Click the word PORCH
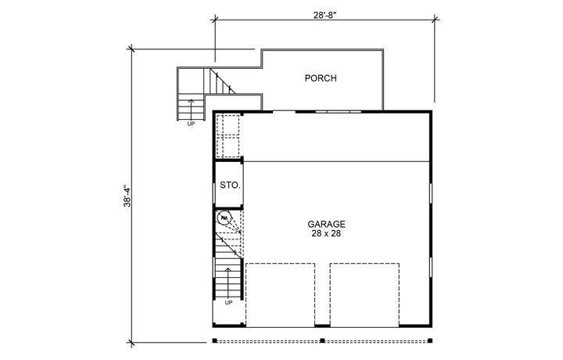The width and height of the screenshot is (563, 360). [x=321, y=78]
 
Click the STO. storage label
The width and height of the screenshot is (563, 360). [x=229, y=185]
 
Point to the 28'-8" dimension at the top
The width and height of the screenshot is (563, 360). [x=323, y=14]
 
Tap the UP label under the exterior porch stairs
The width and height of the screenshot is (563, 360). [x=191, y=124]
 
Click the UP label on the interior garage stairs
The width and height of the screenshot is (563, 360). [x=229, y=302]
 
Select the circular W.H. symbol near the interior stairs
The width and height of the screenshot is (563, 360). [x=224, y=219]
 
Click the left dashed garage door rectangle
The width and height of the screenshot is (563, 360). [x=281, y=293]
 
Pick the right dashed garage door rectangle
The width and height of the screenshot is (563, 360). [x=364, y=293]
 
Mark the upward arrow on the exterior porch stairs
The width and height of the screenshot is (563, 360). [x=190, y=107]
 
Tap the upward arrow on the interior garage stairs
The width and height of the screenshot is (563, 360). [x=229, y=281]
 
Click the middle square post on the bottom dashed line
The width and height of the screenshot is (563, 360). [x=322, y=340]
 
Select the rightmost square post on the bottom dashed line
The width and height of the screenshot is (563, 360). [x=430, y=340]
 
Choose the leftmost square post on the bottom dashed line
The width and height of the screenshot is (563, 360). [x=214, y=340]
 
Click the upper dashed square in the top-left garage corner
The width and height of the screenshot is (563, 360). [x=227, y=125]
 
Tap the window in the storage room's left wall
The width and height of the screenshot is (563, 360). [x=214, y=190]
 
